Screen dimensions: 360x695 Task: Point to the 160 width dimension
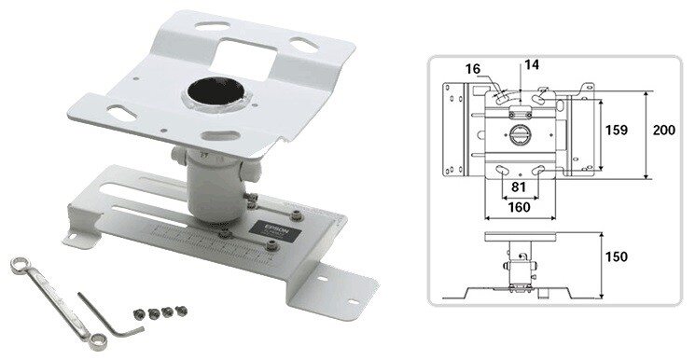519,208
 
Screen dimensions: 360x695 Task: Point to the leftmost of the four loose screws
139,314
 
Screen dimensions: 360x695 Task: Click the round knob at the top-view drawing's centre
520,134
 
